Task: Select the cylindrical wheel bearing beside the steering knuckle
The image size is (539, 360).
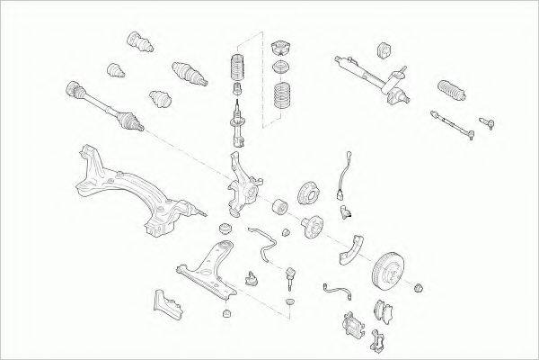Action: coord(278,203)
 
